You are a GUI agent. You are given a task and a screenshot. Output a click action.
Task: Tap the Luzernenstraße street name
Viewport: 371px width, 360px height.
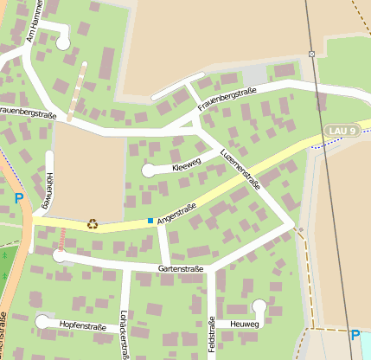[240, 168]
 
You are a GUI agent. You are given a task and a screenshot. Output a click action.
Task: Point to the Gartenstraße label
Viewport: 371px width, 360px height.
[181, 269]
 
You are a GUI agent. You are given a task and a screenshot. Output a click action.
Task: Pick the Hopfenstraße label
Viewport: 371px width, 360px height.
[83, 327]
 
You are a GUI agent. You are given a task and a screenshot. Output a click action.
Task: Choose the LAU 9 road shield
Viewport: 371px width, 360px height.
[342, 130]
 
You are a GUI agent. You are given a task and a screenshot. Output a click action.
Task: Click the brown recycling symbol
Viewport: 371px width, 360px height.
[93, 224]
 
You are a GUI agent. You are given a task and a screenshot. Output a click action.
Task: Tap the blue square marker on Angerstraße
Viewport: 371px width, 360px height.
[150, 222]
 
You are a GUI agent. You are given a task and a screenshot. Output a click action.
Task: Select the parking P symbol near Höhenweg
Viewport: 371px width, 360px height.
[19, 199]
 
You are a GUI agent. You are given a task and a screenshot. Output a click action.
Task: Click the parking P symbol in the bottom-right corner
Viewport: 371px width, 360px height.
[355, 335]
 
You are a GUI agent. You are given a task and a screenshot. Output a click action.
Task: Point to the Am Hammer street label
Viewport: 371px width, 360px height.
[35, 21]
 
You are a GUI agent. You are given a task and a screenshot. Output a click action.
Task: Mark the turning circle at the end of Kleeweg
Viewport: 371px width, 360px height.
[149, 170]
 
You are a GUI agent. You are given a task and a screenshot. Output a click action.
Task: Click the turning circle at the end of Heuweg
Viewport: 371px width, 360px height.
[259, 305]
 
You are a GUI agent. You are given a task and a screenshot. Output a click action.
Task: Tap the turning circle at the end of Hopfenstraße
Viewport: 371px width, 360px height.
[42, 322]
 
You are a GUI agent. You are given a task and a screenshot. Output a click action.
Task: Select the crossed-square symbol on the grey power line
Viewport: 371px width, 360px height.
[311, 55]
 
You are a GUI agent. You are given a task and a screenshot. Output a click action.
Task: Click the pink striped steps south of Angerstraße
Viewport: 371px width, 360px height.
[62, 239]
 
